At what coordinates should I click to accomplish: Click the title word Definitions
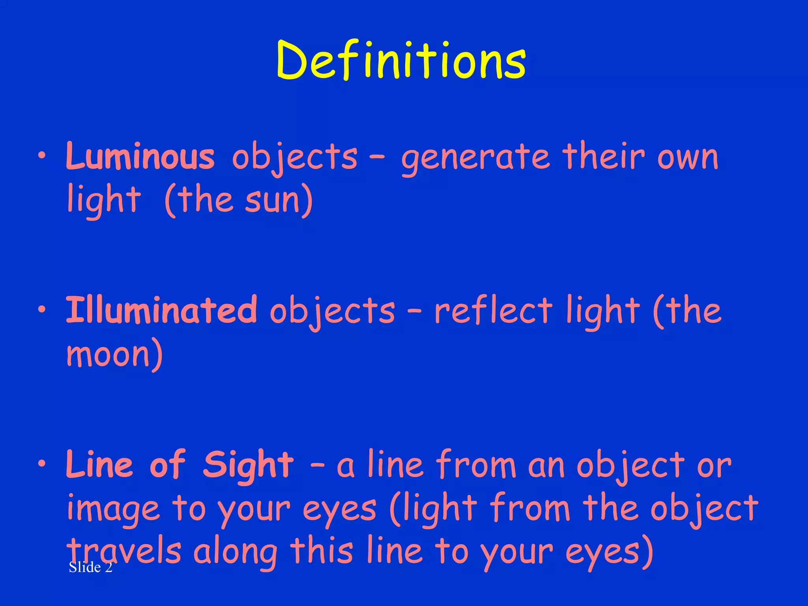(401, 60)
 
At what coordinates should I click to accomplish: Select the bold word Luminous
(140, 157)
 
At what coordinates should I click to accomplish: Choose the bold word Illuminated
(161, 310)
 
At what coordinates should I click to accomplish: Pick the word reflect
(493, 310)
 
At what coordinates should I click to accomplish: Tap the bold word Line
(99, 465)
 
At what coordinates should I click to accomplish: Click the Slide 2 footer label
(90, 567)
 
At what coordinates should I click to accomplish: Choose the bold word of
(167, 465)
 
